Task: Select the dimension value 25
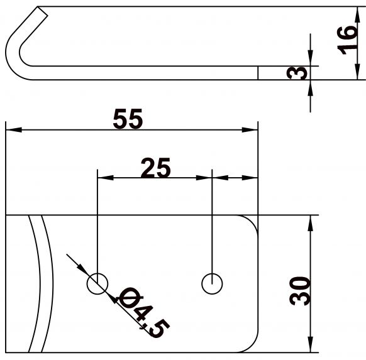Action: [155, 168]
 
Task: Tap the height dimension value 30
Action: [303, 290]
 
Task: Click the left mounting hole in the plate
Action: [97, 284]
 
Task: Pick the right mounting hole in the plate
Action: [213, 284]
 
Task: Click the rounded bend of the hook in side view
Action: [14, 53]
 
